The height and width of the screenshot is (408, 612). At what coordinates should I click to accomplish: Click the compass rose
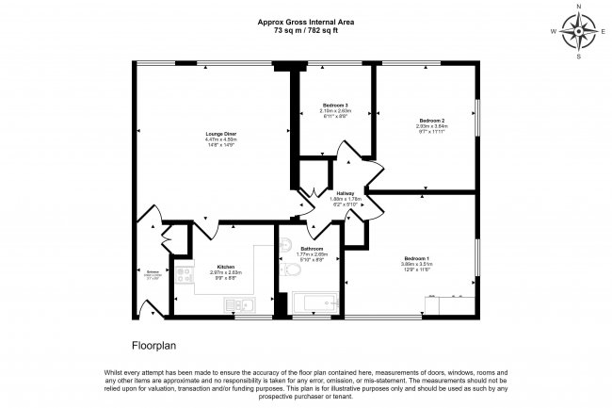point(578,31)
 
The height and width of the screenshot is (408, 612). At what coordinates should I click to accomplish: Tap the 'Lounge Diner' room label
point(221,135)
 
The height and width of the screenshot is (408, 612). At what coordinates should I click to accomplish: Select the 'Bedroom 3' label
point(335,104)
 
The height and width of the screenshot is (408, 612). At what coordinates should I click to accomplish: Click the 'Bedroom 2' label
point(431,121)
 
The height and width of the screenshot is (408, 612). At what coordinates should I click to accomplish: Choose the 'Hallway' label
point(345,193)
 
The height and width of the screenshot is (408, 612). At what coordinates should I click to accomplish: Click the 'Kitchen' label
point(225,267)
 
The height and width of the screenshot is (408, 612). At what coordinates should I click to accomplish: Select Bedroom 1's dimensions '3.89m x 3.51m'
point(416,265)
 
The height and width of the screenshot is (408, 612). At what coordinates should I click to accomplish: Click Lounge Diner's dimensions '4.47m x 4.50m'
point(221,140)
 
